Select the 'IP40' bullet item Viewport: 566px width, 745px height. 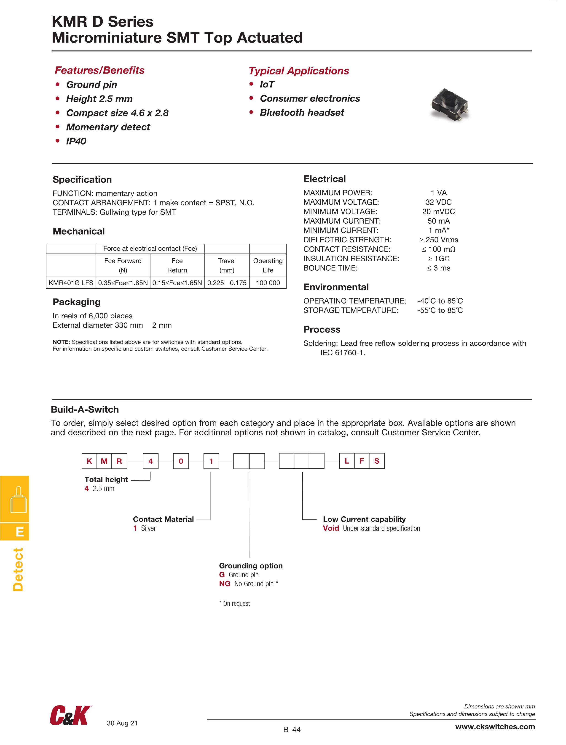[76, 141]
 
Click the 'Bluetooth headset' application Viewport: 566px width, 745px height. [302, 113]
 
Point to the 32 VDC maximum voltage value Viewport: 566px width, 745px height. [438, 202]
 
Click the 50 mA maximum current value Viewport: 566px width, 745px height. [438, 221]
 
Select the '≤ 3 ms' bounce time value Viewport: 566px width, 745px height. [438, 268]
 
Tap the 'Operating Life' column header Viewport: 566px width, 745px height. [268, 265]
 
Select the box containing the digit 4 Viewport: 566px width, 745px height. [150, 461]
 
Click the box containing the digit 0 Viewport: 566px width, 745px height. [181, 461]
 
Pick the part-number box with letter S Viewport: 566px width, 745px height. [377, 461]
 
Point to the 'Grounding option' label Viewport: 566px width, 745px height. [251, 566]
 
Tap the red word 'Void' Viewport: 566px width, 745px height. [330, 528]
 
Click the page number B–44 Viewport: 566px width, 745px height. [292, 729]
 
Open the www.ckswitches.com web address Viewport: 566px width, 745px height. [495, 727]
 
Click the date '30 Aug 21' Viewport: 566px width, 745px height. [122, 723]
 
